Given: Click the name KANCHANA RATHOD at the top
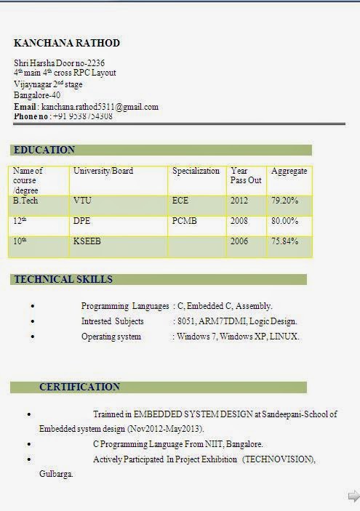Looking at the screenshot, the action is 67,44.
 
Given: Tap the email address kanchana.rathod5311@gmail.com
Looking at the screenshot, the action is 100,107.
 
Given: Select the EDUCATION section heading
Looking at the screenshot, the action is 44,150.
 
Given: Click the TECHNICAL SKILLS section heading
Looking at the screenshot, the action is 63,279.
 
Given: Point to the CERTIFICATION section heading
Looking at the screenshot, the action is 79,387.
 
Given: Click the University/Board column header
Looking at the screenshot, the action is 103,172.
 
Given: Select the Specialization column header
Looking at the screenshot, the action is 196,172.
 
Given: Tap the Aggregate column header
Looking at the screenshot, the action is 289,172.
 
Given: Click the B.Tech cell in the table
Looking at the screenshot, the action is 25,200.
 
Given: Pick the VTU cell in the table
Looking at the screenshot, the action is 82,200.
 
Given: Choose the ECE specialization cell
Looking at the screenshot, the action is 180,200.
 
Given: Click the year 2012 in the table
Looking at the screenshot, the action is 239,200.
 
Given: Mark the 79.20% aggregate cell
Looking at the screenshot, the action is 285,200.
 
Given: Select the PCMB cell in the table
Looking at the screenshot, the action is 185,220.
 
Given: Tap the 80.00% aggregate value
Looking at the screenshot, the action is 285,220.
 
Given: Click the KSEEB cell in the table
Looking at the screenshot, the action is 87,241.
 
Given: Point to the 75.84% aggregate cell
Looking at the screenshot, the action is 285,241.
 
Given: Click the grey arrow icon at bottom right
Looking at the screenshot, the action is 353,496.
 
